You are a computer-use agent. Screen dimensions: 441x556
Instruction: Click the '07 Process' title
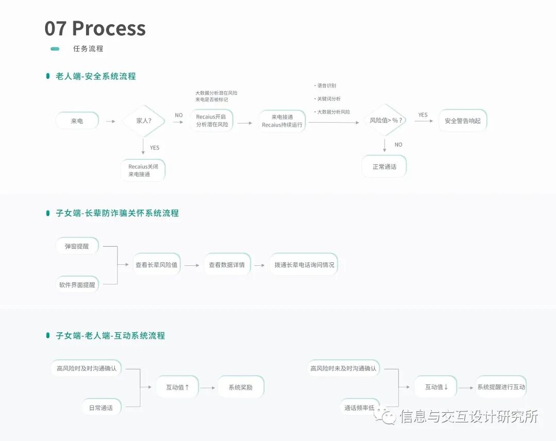(x=95, y=28)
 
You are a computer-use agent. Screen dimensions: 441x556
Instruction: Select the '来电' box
(x=77, y=121)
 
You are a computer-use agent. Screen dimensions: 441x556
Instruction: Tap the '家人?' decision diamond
(x=144, y=121)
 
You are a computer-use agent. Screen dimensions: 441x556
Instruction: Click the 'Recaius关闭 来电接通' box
(x=143, y=171)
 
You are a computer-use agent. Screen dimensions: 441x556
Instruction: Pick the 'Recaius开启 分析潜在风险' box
(x=212, y=121)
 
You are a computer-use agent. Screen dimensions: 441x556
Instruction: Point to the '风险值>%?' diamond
(x=386, y=120)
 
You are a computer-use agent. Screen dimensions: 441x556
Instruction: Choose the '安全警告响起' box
(x=462, y=121)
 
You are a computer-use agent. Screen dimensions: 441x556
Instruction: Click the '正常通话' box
(x=384, y=166)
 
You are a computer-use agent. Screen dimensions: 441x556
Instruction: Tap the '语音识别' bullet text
(x=326, y=86)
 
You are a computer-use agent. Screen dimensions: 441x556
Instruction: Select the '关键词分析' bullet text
(x=329, y=98)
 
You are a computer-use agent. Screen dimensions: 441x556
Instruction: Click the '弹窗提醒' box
(x=77, y=246)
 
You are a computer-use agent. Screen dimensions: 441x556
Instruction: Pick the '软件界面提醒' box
(x=77, y=284)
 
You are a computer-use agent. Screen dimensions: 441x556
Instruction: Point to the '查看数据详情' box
(x=227, y=265)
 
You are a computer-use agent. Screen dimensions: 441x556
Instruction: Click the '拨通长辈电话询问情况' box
(x=304, y=265)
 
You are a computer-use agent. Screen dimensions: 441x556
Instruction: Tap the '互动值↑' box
(x=177, y=387)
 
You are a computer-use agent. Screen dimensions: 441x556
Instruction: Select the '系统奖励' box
(x=240, y=387)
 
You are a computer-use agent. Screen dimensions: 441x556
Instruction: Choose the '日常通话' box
(x=101, y=408)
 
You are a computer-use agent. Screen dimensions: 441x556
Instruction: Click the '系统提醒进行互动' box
(x=501, y=387)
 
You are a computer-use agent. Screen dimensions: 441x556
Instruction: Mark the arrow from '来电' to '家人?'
(x=110, y=122)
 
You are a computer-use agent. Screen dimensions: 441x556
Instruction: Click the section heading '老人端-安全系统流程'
(x=96, y=76)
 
